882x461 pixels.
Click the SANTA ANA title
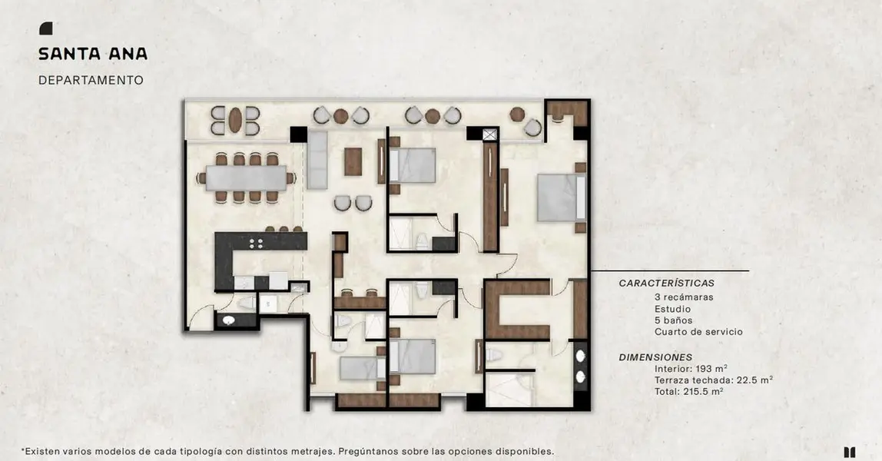[x=93, y=54]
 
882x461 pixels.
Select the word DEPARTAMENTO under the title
[x=91, y=81]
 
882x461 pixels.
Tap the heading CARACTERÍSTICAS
[x=667, y=284]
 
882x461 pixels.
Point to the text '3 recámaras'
[x=684, y=297]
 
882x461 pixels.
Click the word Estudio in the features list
[x=672, y=309]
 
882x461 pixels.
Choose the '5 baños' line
[x=673, y=320]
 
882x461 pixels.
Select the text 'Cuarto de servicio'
[x=698, y=332]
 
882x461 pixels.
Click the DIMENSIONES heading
[x=655, y=357]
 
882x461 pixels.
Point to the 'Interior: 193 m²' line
[x=691, y=369]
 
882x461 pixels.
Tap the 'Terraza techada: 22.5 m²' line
[x=713, y=380]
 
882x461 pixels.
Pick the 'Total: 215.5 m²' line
[x=688, y=391]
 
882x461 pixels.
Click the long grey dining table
[x=247, y=177]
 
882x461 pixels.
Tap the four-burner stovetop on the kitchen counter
[x=256, y=243]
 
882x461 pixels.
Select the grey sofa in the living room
[x=317, y=160]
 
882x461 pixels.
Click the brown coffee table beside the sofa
[x=353, y=161]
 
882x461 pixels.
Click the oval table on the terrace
[x=234, y=120]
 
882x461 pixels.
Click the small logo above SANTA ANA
[x=45, y=28]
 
